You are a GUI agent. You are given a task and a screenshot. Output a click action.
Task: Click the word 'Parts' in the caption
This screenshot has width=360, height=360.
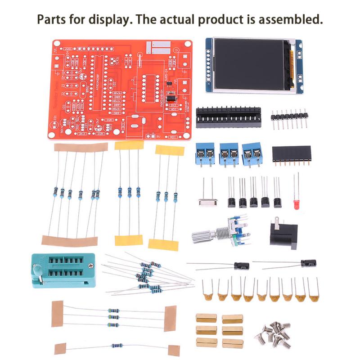(51, 20)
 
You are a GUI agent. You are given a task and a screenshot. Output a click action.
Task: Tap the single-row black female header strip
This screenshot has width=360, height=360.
(292, 154)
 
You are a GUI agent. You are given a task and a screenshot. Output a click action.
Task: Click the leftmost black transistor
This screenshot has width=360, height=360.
(232, 202)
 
